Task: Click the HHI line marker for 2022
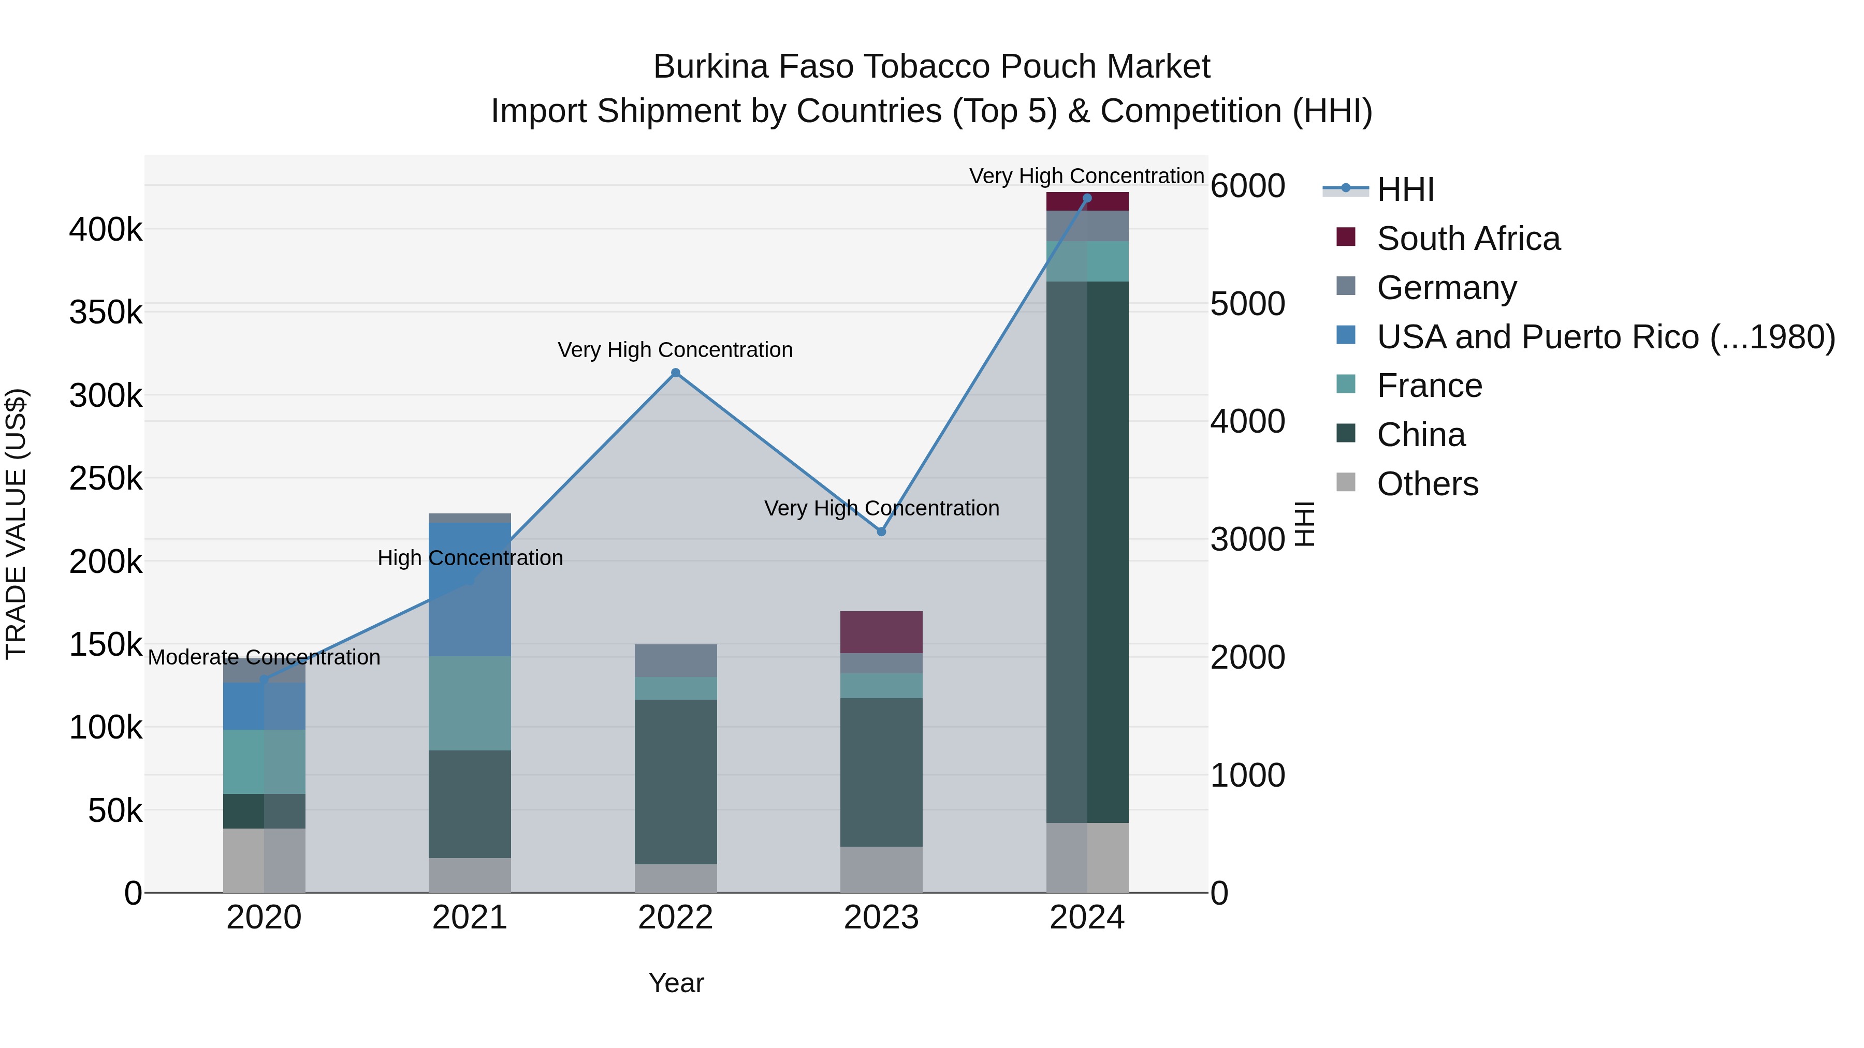click(675, 373)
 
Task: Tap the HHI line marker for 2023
click(881, 532)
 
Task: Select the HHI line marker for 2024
click(1086, 198)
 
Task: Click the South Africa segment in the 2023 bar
click(881, 632)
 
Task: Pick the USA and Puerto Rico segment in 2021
click(470, 589)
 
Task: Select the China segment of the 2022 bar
click(675, 781)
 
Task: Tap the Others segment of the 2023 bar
click(881, 869)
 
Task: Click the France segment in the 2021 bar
click(470, 703)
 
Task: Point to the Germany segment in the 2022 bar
click(675, 660)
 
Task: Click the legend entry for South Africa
click(1467, 239)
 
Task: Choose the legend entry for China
click(1420, 435)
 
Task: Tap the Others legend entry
click(1427, 484)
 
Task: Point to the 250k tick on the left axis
click(106, 478)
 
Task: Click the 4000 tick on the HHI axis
click(1247, 422)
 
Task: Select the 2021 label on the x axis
click(470, 918)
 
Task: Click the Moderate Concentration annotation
click(264, 657)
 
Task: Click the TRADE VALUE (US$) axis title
click(16, 524)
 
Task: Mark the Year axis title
click(676, 983)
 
